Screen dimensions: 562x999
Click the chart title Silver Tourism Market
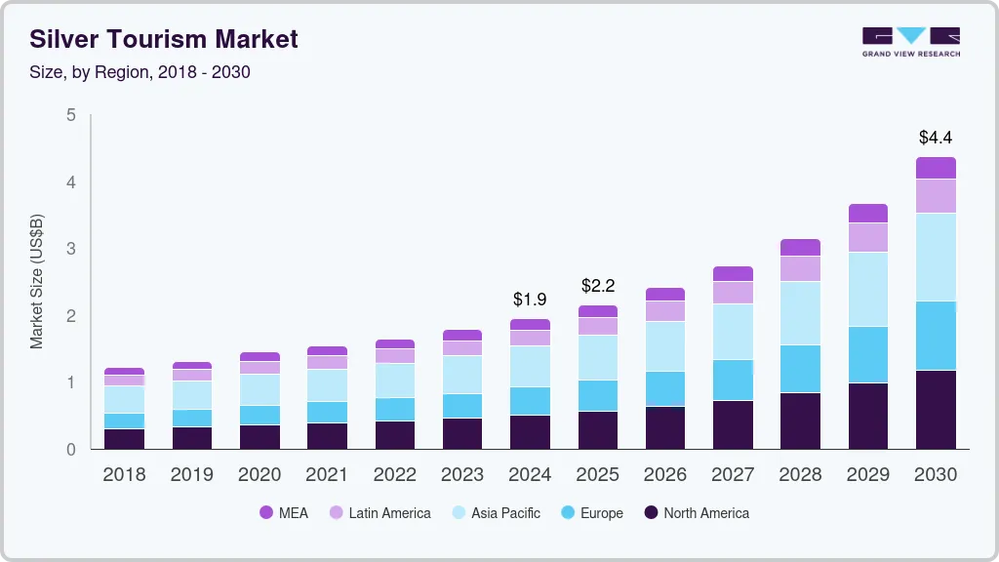point(164,40)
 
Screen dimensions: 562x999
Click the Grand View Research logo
point(910,42)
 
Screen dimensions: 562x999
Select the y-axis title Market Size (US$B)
point(37,282)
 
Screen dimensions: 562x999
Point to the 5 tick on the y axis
point(70,115)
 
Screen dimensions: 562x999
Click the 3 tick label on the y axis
point(70,249)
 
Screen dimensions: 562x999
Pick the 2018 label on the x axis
point(124,475)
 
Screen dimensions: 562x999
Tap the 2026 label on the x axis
point(664,475)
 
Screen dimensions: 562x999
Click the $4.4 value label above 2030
point(936,138)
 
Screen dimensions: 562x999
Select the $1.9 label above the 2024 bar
point(530,299)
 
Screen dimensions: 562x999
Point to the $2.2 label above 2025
point(597,286)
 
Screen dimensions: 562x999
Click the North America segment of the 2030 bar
point(936,410)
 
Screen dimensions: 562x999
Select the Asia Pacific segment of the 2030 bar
point(936,258)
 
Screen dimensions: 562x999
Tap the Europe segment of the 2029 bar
point(867,355)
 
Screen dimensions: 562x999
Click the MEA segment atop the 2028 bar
point(800,248)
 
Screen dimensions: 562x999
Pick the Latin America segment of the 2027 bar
point(733,293)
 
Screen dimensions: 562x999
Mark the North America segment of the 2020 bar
point(260,437)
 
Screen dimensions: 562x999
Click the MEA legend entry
point(284,513)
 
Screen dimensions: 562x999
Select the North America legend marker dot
point(650,513)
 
